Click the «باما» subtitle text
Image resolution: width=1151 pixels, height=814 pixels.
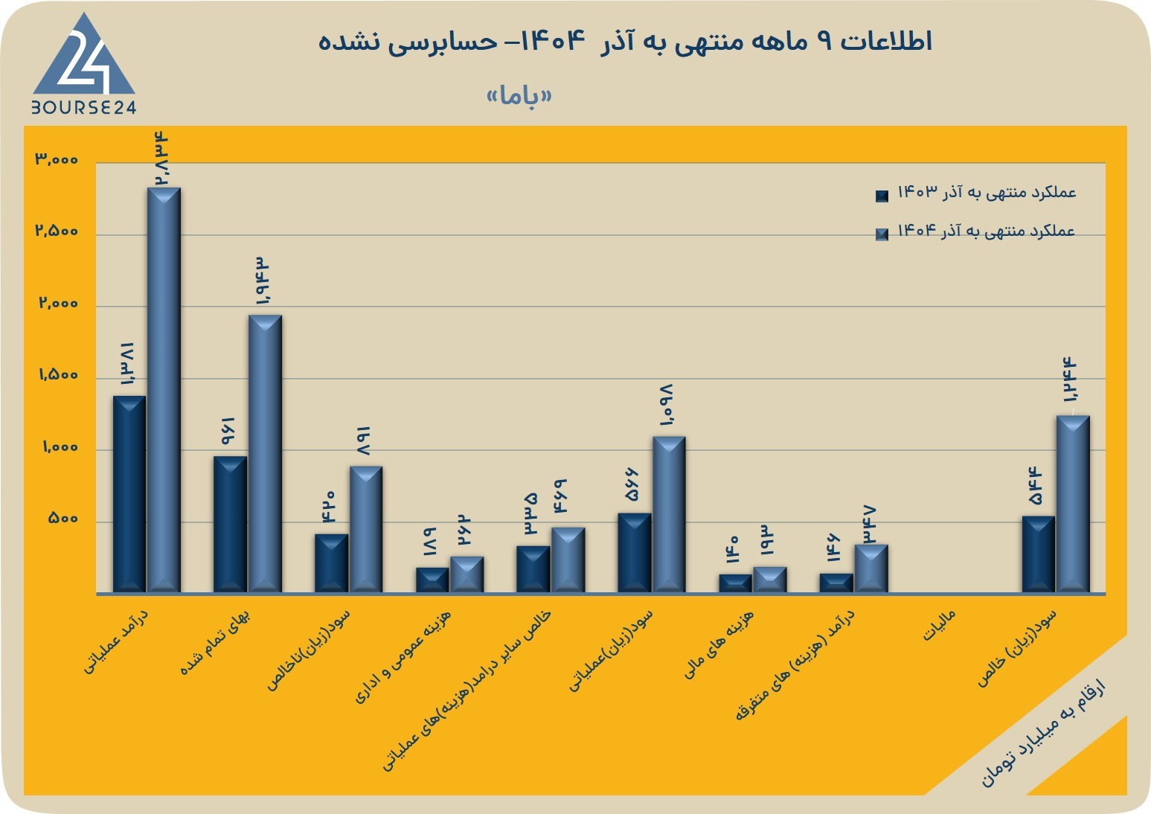click(x=519, y=97)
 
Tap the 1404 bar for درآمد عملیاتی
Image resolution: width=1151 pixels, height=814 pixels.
click(x=164, y=390)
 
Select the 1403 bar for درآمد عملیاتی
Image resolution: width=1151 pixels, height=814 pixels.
click(x=129, y=494)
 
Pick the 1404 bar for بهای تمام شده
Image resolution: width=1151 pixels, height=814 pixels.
click(x=265, y=454)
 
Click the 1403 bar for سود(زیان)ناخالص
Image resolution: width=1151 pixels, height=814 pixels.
click(x=331, y=564)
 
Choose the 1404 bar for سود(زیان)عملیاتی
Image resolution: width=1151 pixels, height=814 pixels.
click(x=669, y=515)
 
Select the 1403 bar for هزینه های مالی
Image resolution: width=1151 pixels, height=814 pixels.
click(x=735, y=584)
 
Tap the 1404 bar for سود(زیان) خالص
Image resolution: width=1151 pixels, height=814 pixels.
click(x=1073, y=504)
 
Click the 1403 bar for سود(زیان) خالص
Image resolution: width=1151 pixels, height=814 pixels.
click(x=1039, y=554)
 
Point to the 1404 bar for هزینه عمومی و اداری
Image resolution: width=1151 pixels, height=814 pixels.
click(x=467, y=574)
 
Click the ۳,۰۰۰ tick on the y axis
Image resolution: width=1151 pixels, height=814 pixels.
click(x=57, y=159)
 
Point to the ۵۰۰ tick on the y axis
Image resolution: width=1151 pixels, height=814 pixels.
click(x=63, y=518)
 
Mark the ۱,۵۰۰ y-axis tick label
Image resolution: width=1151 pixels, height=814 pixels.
click(x=58, y=375)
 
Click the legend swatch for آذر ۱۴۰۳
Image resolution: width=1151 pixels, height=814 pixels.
click(x=882, y=196)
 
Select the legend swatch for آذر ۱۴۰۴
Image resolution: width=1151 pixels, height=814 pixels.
click(x=882, y=234)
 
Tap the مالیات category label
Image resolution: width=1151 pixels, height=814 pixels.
click(x=939, y=626)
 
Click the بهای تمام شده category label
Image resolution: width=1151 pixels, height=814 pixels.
click(x=215, y=642)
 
